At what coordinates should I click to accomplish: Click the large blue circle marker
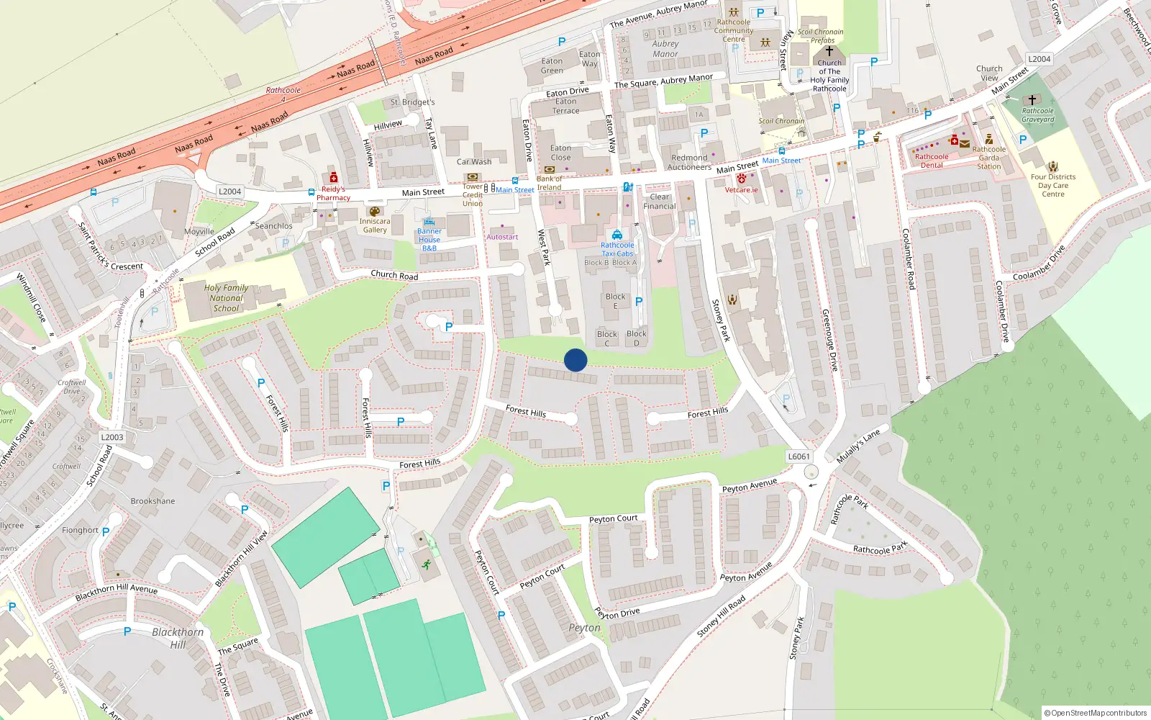[575, 360]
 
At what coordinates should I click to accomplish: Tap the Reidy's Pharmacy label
[333, 193]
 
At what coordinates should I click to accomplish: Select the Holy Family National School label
[226, 298]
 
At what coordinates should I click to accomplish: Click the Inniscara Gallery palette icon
[374, 211]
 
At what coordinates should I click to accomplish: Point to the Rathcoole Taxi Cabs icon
[617, 235]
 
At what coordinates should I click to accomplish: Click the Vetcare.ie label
[741, 190]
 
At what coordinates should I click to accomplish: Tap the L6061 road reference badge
[799, 456]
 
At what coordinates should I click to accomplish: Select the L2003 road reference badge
[112, 437]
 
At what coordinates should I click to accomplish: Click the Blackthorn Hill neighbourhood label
[178, 638]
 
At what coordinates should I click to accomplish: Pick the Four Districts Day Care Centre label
[1053, 185]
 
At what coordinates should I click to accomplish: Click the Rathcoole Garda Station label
[989, 158]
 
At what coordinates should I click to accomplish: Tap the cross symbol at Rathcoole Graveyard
[1032, 100]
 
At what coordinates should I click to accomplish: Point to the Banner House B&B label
[429, 240]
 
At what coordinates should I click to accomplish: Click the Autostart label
[502, 237]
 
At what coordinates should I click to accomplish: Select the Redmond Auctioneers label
[689, 162]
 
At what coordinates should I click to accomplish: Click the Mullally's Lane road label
[857, 446]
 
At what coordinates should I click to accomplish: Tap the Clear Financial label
[660, 202]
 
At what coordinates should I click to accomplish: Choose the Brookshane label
[153, 501]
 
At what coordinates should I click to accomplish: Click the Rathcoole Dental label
[932, 161]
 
